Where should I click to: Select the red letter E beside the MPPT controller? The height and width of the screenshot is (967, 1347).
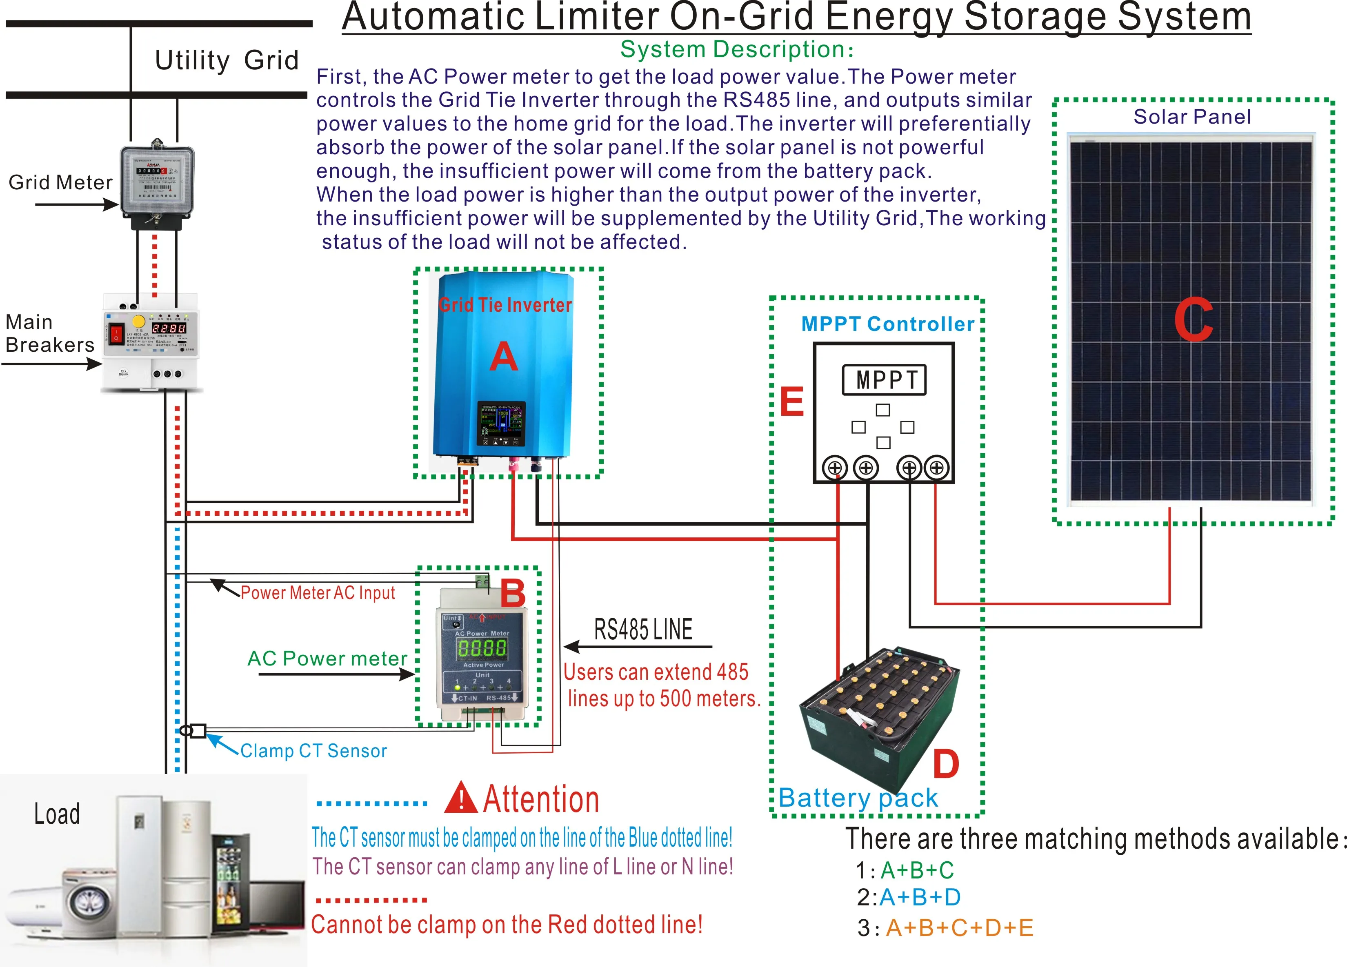(x=792, y=402)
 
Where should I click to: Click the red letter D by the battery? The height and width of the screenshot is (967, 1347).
(x=945, y=763)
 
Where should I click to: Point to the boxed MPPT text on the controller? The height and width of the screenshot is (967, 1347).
(x=884, y=380)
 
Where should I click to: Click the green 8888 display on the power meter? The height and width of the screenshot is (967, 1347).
(x=482, y=648)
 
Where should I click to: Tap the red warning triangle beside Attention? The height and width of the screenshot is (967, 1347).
(x=460, y=799)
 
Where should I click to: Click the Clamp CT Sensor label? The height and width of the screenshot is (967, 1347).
(x=313, y=751)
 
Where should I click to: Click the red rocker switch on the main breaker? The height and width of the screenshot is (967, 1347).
(x=116, y=334)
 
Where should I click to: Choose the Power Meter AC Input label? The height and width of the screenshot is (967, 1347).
(x=317, y=593)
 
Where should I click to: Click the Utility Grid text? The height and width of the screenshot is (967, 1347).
(x=226, y=60)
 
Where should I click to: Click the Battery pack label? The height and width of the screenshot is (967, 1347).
(x=858, y=798)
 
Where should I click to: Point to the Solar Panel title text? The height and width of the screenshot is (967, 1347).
(x=1191, y=116)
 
